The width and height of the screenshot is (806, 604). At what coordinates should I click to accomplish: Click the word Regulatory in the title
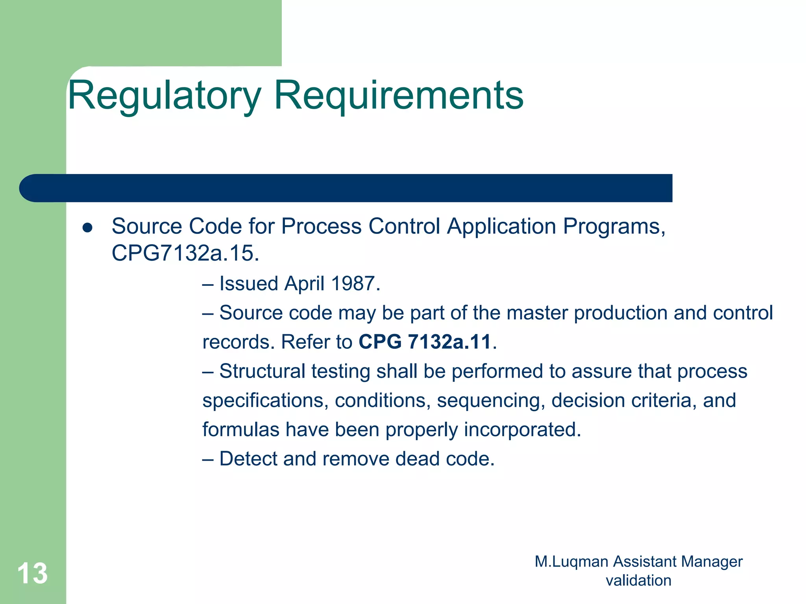click(x=165, y=96)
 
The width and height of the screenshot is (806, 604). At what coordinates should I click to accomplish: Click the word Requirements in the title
click(x=398, y=96)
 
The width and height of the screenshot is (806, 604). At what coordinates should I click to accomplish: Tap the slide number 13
click(x=32, y=573)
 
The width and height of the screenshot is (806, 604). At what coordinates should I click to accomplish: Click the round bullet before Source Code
click(x=87, y=228)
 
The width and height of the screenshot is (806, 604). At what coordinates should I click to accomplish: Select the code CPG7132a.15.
click(x=185, y=253)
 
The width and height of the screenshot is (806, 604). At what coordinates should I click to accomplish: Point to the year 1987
click(x=355, y=283)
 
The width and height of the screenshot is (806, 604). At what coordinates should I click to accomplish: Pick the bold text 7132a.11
click(x=449, y=342)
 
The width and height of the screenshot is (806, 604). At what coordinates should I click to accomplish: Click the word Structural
click(x=262, y=371)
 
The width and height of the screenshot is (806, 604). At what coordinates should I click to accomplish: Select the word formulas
click(x=241, y=430)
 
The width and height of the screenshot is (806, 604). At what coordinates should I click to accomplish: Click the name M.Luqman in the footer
click(x=571, y=562)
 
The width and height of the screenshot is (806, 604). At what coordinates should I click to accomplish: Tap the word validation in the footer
click(x=638, y=581)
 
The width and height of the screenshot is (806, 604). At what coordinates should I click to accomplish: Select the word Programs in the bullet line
click(x=614, y=227)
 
